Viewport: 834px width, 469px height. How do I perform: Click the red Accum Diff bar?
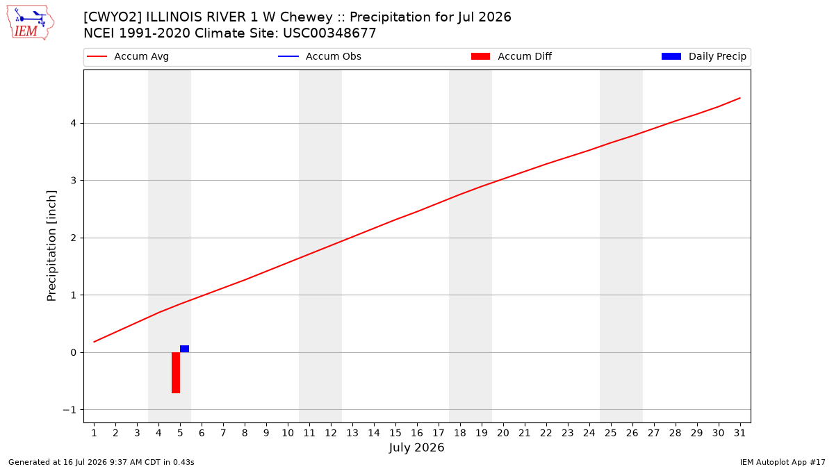click(176, 372)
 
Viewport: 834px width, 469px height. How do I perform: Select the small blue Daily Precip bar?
click(184, 349)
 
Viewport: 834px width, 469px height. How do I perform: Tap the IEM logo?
click(30, 23)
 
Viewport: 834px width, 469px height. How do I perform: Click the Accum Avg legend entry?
click(128, 56)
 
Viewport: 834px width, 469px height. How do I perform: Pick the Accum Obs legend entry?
click(320, 56)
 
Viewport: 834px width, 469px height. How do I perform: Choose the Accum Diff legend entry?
click(512, 56)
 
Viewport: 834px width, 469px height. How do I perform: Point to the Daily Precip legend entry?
click(703, 56)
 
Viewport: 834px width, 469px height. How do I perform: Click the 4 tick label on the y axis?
click(74, 123)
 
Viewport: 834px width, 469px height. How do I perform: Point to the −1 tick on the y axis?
click(69, 410)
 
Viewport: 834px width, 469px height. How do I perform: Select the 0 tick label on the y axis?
click(74, 352)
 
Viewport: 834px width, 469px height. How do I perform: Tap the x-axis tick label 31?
click(739, 433)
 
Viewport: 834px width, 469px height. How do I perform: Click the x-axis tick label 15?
click(395, 433)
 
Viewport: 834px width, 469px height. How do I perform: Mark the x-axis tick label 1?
click(94, 433)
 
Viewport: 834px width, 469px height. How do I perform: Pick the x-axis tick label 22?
click(546, 433)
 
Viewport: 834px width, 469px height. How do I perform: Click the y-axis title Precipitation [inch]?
click(51, 246)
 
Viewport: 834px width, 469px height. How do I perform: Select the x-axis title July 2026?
click(416, 447)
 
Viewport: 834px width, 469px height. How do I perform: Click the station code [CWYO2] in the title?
click(112, 17)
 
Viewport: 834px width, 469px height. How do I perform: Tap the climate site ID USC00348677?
click(329, 33)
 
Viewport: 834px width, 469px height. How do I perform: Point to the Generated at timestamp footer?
click(101, 462)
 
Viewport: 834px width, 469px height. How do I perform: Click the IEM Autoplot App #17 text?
click(783, 462)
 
